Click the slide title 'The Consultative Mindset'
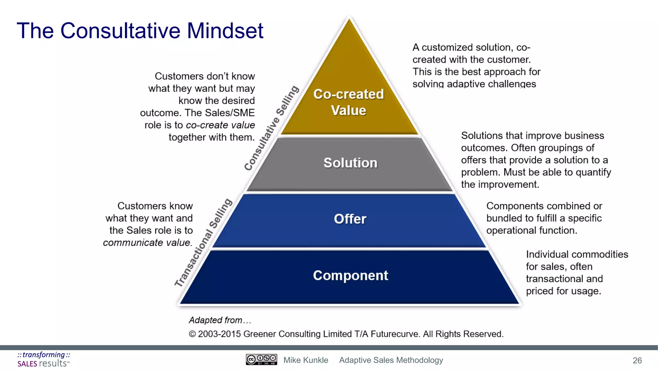tap(140, 31)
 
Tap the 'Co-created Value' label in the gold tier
tap(349, 102)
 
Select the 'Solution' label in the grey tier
tap(350, 163)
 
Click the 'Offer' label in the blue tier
tap(350, 219)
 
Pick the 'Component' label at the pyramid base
tap(351, 276)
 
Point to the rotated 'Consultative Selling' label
tap(271, 128)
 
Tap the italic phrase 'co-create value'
tap(220, 125)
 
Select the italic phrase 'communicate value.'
tap(148, 242)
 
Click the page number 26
tap(637, 361)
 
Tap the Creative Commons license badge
tap(261, 360)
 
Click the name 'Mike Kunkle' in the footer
tap(306, 360)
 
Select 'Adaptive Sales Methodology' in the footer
tap(391, 360)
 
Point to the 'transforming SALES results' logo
tap(44, 359)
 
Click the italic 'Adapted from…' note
tap(220, 320)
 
